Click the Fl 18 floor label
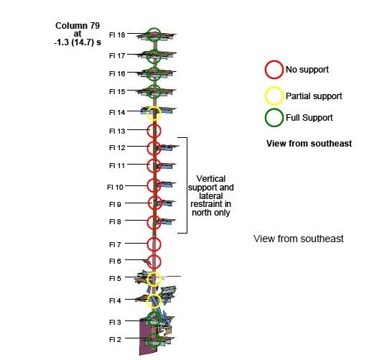coord(117,35)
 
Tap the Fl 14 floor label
coord(117,113)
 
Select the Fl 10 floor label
coord(115,188)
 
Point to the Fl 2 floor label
coord(115,340)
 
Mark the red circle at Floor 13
coord(148,131)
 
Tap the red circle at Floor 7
coord(148,244)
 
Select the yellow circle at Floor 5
coord(148,280)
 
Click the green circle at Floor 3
coord(148,318)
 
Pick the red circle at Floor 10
coord(148,185)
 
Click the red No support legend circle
coord(266,70)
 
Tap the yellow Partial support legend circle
coord(266,96)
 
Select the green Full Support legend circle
coord(266,118)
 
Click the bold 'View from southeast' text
coord(309,143)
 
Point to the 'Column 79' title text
coord(78,26)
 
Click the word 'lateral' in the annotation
coord(211,196)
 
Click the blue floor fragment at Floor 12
coord(167,147)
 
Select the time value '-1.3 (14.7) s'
coord(78,42)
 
